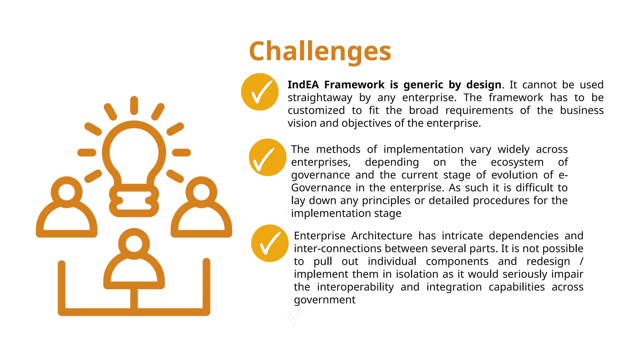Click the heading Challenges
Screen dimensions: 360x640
[x=320, y=52]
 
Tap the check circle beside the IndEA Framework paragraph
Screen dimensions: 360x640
[x=260, y=92]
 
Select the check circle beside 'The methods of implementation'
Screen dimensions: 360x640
[x=267, y=157]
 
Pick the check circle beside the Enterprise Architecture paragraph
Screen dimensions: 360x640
[x=270, y=243]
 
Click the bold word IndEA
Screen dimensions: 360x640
[x=303, y=85]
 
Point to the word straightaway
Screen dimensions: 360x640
[x=320, y=98]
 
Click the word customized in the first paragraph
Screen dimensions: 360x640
[x=316, y=110]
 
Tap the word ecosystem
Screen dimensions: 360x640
[x=517, y=162]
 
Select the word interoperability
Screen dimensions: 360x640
[x=355, y=287]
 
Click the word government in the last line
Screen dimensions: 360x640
[x=324, y=300]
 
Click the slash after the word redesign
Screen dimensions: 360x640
[x=581, y=261]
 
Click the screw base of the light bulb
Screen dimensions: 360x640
[x=134, y=200]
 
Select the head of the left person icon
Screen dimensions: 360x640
[x=67, y=192]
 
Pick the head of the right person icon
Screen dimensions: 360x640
[x=201, y=192]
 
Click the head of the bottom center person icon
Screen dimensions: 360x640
[x=134, y=243]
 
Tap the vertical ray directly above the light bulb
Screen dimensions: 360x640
[x=134, y=105]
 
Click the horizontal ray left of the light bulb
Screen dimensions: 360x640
[x=87, y=152]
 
